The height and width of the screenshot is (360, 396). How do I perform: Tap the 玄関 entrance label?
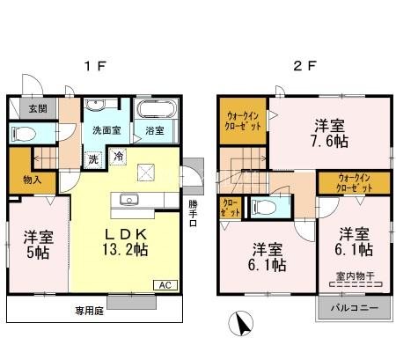[x=25, y=109]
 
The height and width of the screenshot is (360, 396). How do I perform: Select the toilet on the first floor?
[x=25, y=135]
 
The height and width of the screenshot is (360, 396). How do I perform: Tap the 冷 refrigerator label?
[x=119, y=157]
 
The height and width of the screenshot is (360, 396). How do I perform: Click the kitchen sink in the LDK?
[x=129, y=198]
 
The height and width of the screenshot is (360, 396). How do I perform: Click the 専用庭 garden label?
[x=87, y=310]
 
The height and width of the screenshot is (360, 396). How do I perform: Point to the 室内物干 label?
[x=356, y=277]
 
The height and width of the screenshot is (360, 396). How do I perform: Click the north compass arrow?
[x=238, y=325]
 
